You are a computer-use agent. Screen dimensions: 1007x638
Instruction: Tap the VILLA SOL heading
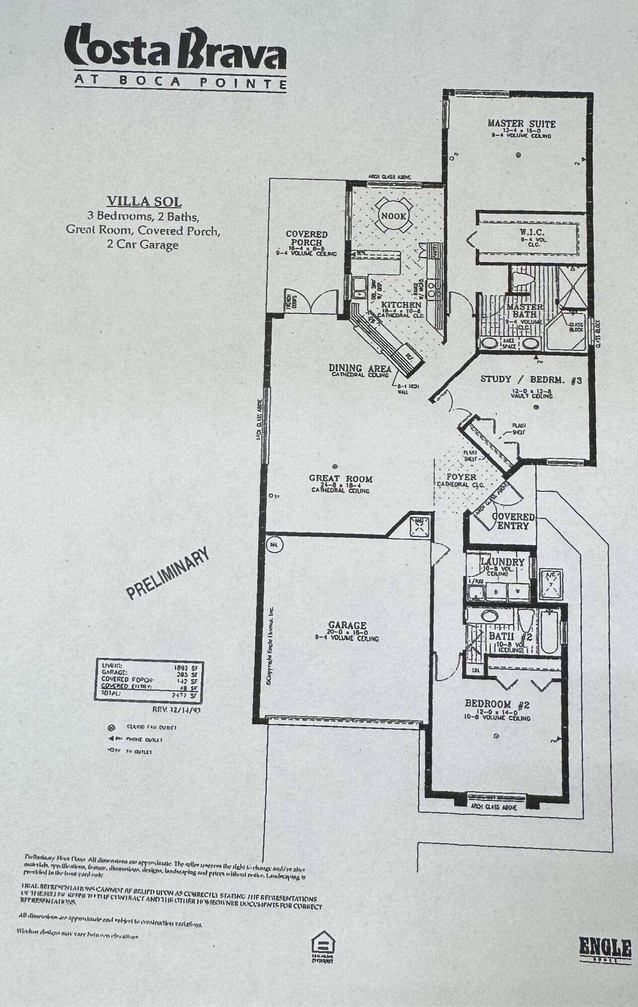(144, 202)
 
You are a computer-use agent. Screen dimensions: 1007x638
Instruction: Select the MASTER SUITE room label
(521, 124)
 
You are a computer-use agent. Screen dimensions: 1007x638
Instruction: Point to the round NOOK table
(394, 216)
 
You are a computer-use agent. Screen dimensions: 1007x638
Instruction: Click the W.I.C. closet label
(531, 232)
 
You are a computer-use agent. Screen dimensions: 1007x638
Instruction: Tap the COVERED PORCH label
(307, 238)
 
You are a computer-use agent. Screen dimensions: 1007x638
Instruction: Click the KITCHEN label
(401, 305)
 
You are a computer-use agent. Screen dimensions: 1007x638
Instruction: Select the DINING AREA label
(360, 368)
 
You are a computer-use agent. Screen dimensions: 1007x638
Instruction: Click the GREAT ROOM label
(341, 479)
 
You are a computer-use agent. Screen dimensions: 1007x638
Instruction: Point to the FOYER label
(461, 477)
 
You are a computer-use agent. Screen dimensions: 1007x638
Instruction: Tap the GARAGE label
(347, 626)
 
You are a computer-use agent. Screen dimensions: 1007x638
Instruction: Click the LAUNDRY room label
(502, 561)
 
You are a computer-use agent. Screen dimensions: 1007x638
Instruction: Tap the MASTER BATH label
(525, 310)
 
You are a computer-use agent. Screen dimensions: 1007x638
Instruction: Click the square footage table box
(149, 681)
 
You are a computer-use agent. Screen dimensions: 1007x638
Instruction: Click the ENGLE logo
(605, 948)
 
